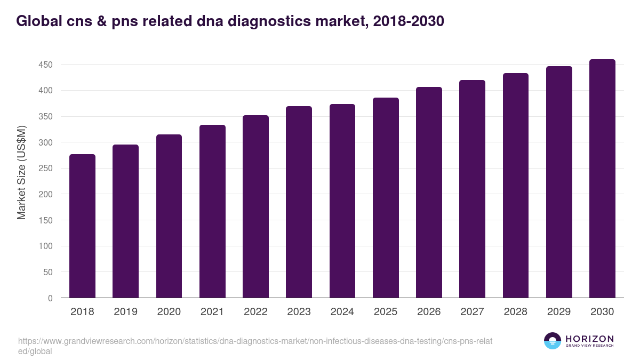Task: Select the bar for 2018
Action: pyautogui.click(x=82, y=226)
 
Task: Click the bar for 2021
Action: pyautogui.click(x=212, y=211)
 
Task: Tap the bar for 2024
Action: pyautogui.click(x=342, y=201)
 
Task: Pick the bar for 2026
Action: pyautogui.click(x=429, y=193)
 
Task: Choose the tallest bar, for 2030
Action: pyautogui.click(x=602, y=179)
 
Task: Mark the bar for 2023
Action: pyautogui.click(x=299, y=202)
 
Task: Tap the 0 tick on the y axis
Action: pyautogui.click(x=50, y=298)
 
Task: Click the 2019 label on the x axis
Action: pyautogui.click(x=125, y=312)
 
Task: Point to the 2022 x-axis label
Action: pyautogui.click(x=255, y=312)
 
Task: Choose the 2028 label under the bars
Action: pyautogui.click(x=515, y=312)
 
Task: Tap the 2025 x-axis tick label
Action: pyautogui.click(x=386, y=312)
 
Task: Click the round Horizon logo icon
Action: pyautogui.click(x=552, y=341)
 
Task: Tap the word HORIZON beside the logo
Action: pyautogui.click(x=589, y=338)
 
